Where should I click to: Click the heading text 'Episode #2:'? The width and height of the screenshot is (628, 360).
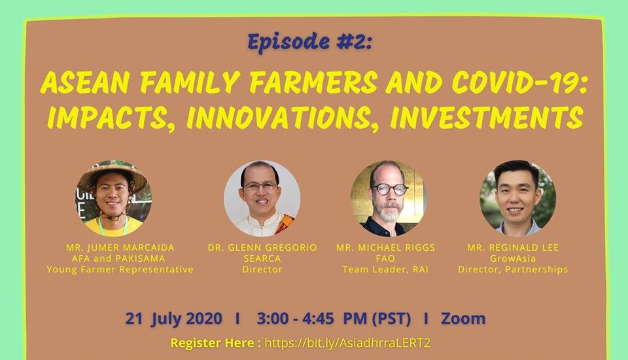(x=310, y=42)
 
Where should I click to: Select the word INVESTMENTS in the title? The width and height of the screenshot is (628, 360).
(x=486, y=117)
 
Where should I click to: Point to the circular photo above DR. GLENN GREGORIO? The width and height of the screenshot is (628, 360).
(x=262, y=198)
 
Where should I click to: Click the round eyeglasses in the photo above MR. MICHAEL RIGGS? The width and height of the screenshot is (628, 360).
(x=389, y=189)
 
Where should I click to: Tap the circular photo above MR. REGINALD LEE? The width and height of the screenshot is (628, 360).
(x=517, y=198)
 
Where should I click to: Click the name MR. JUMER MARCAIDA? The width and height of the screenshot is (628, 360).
(x=120, y=247)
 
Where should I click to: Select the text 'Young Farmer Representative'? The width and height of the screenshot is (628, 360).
(x=120, y=270)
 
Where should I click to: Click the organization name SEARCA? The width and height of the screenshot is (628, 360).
(x=262, y=259)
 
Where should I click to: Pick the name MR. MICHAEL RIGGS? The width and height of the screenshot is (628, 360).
(x=385, y=247)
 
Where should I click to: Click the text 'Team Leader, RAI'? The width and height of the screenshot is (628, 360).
(x=385, y=270)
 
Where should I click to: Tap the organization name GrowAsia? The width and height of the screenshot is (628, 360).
(x=513, y=259)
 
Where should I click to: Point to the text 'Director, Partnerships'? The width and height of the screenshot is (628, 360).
(x=513, y=270)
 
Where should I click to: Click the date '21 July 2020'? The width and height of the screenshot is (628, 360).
(x=174, y=319)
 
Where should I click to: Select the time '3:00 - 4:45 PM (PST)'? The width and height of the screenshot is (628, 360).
(x=334, y=319)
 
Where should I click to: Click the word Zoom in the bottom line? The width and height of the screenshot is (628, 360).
(x=463, y=319)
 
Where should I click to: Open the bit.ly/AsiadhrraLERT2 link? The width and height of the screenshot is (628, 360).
(x=347, y=343)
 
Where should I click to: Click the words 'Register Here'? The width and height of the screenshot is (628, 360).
(x=212, y=343)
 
